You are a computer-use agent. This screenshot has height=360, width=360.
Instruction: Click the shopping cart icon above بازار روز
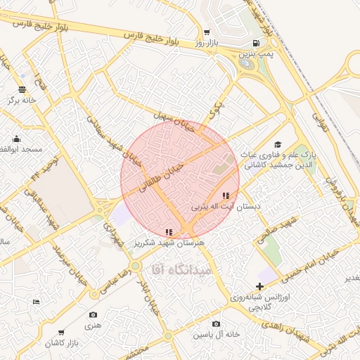click(206, 32)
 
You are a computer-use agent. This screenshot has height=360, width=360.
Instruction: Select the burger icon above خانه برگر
click(22, 89)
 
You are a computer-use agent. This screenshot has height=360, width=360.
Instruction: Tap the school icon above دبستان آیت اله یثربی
click(225, 195)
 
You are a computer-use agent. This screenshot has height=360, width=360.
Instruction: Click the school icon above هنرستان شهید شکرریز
click(168, 231)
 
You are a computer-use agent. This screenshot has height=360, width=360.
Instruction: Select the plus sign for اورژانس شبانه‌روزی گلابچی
click(260, 286)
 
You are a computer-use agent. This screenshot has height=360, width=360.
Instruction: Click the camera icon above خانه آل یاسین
click(216, 323)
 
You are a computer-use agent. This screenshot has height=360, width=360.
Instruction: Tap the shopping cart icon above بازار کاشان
click(61, 332)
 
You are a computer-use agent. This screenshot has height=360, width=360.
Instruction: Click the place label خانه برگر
click(21, 101)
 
